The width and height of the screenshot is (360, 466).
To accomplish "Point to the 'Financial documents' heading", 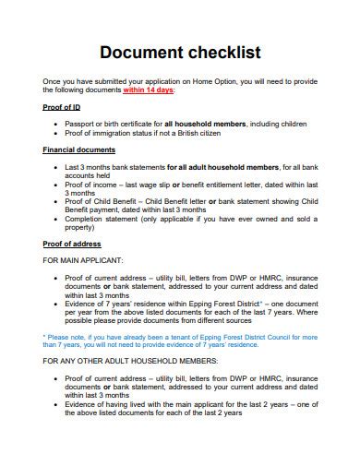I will click(79, 149).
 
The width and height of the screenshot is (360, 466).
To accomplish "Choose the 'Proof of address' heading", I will click(73, 244).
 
